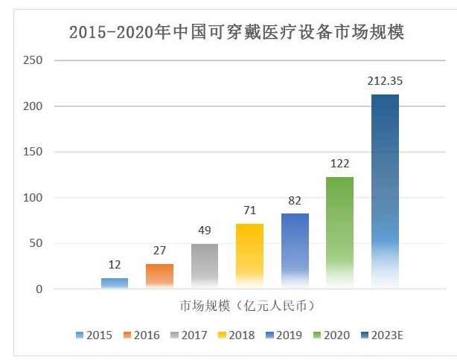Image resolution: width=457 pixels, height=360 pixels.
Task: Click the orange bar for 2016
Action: pyautogui.click(x=159, y=276)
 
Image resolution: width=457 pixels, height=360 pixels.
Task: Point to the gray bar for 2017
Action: pyautogui.click(x=205, y=266)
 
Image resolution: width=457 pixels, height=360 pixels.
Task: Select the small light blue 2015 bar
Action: pyautogui.click(x=115, y=283)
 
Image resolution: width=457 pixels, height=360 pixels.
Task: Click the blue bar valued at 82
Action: pyautogui.click(x=295, y=249)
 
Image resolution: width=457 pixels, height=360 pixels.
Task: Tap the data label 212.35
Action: pyautogui.click(x=385, y=81)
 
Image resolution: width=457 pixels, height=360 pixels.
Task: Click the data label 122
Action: pyautogui.click(x=339, y=164)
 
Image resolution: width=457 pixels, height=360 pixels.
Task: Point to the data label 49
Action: pyautogui.click(x=205, y=231)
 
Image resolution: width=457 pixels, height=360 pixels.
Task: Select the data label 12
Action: pyautogui.click(x=115, y=265)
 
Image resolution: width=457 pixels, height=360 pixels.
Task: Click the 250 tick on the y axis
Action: pyautogui.click(x=33, y=60)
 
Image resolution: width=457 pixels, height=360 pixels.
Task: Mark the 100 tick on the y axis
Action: pyautogui.click(x=33, y=198)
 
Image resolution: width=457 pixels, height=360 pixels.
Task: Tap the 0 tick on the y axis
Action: pyautogui.click(x=39, y=289)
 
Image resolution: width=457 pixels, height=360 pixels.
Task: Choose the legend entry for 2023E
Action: pyautogui.click(x=384, y=335)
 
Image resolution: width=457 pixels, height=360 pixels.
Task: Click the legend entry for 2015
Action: pyautogui.click(x=94, y=335)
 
